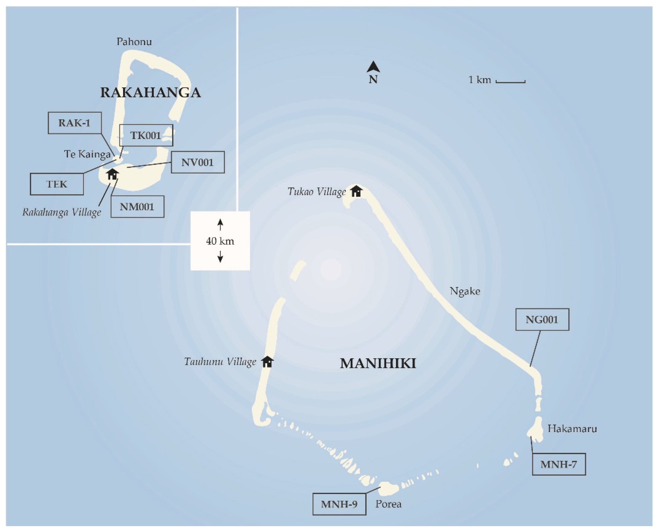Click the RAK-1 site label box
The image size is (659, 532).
click(74, 123)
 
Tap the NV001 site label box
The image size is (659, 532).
click(197, 162)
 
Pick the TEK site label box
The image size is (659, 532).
click(57, 184)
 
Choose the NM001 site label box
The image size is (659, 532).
click(137, 207)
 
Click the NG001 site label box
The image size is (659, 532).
click(542, 320)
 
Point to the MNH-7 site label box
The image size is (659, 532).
click(559, 464)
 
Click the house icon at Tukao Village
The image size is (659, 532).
click(356, 191)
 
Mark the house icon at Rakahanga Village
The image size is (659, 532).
click(112, 174)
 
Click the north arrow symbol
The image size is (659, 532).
click(373, 67)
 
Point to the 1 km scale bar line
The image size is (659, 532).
click(510, 82)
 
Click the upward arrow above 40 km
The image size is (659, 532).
click(220, 225)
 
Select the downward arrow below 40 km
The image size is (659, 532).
click(220, 257)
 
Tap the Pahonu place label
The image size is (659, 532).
click(134, 42)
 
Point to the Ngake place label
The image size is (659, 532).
click(465, 291)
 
